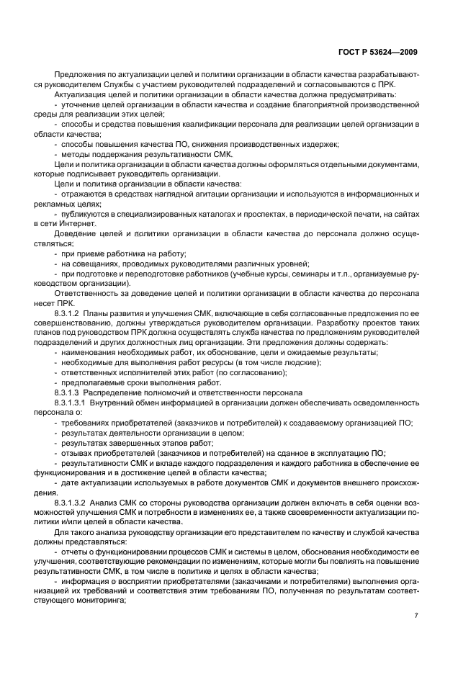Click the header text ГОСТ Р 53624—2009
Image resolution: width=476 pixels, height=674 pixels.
[x=380, y=53]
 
